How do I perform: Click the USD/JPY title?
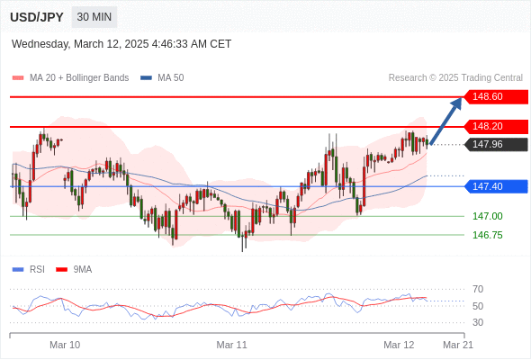click(x=37, y=17)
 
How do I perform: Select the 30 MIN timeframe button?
click(x=94, y=17)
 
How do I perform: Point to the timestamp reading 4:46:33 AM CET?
click(x=192, y=44)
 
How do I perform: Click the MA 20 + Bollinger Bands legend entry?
click(x=70, y=78)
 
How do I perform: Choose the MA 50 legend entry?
click(x=162, y=78)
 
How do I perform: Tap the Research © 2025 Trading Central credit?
click(x=455, y=78)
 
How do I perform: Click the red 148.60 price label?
click(x=496, y=97)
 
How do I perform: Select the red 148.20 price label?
click(x=496, y=126)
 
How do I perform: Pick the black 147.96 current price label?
click(x=496, y=145)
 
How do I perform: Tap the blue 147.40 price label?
click(x=496, y=186)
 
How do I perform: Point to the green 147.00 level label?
click(x=487, y=216)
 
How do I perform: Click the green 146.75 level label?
click(x=487, y=235)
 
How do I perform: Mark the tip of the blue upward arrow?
click(x=461, y=98)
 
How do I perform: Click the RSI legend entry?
click(x=29, y=270)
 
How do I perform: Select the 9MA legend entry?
click(x=74, y=270)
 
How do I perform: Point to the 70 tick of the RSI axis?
click(x=478, y=289)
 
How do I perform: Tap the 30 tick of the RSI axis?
click(x=478, y=322)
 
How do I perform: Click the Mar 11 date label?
click(x=231, y=345)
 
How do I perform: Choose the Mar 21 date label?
click(x=458, y=345)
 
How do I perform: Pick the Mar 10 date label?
click(x=65, y=345)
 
